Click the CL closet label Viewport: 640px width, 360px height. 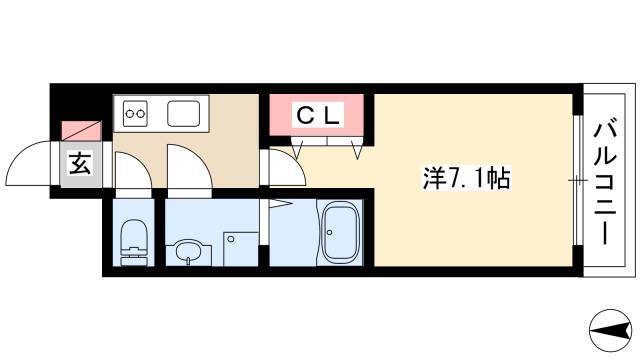[x=318, y=116]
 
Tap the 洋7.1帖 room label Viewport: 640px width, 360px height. [x=467, y=178]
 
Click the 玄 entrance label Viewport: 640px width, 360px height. [x=80, y=163]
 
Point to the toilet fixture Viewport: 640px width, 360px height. [x=133, y=242]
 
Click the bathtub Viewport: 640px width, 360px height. [x=340, y=232]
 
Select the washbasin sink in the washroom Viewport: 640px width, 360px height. [x=188, y=252]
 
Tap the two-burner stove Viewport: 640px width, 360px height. [x=136, y=113]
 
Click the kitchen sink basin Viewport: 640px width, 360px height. [x=184, y=113]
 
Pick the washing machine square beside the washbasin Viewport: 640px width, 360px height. [x=241, y=249]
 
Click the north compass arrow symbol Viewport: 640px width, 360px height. [x=611, y=331]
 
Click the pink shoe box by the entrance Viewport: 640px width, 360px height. [x=81, y=131]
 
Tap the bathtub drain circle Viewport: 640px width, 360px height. [x=329, y=233]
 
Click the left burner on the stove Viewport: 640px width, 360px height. [x=130, y=113]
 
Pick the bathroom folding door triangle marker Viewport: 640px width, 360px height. [x=279, y=204]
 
